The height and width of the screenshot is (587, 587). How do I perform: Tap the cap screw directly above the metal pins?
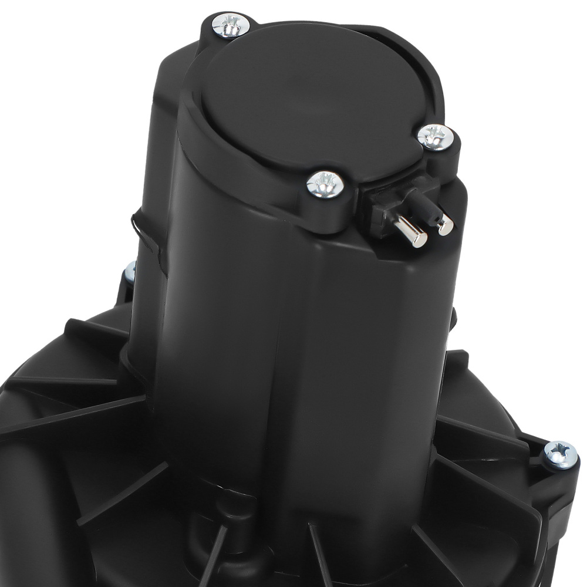point(435,137)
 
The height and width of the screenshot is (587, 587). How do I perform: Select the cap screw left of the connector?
point(325,184)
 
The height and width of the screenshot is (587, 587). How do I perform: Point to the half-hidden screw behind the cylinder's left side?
point(129,271)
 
